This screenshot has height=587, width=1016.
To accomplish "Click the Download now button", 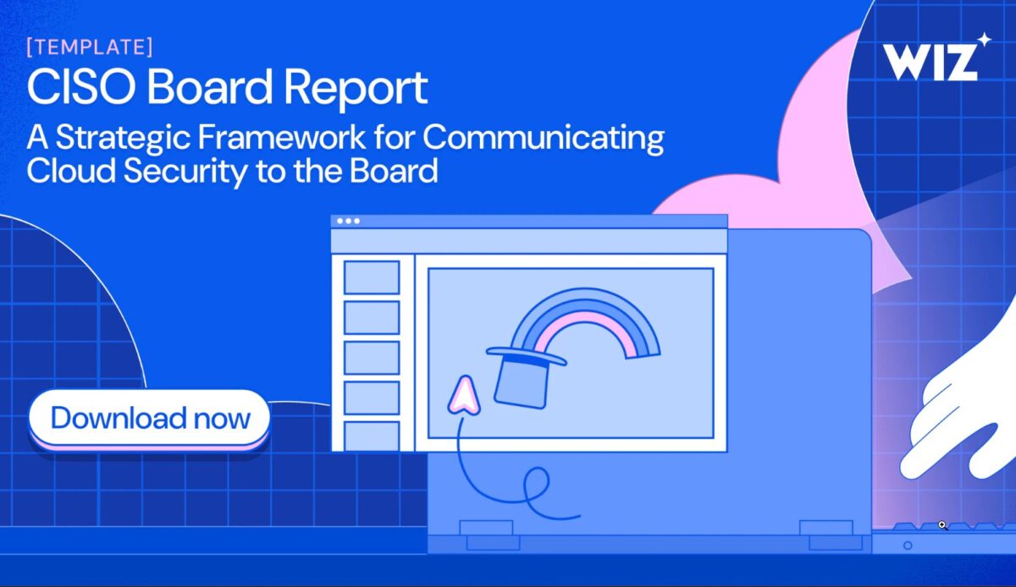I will point(150,419).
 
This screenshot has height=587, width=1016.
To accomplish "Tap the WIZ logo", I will point(929,61).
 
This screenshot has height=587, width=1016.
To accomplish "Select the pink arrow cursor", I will point(462,395).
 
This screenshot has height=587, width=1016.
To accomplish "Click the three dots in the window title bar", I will point(348,221).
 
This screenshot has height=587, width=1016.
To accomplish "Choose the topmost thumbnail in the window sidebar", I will point(372,277).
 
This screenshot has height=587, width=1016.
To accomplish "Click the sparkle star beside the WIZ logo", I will point(984,39).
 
